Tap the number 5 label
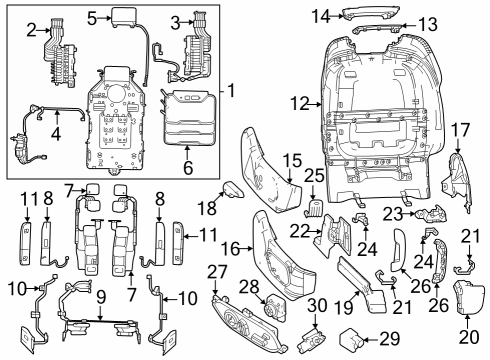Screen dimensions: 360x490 tap(92, 17)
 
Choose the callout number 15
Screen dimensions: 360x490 tap(291, 160)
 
